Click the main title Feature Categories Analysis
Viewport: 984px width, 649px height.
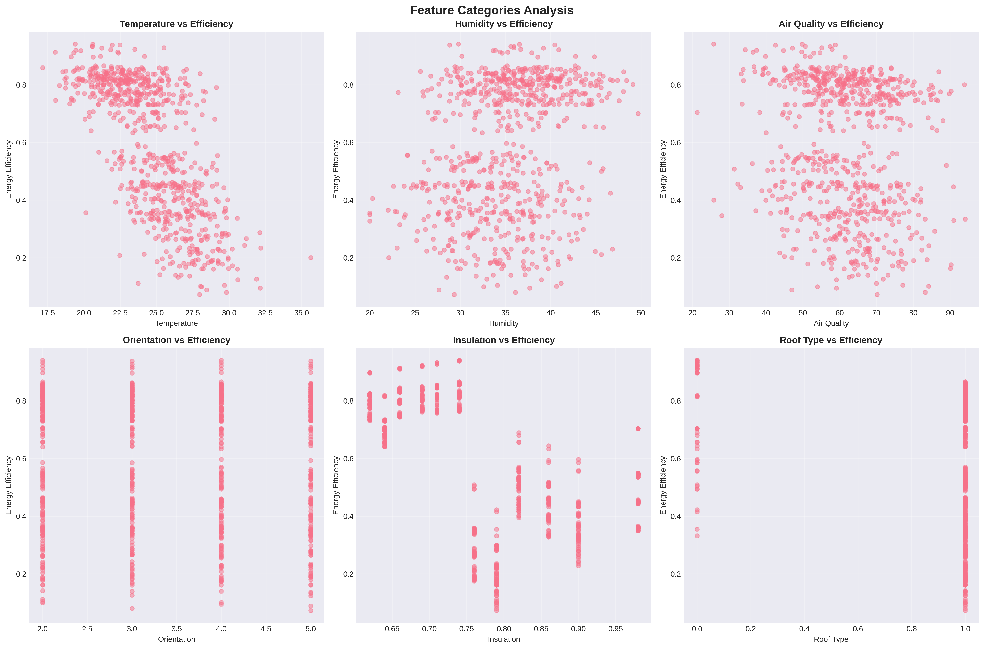coord(492,10)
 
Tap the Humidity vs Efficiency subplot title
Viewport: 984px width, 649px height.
coord(504,24)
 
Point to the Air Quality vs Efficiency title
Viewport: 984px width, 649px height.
coord(831,24)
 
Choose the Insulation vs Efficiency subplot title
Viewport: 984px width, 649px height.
coord(504,340)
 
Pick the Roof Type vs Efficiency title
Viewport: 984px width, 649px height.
coord(831,340)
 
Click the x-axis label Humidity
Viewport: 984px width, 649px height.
coord(504,323)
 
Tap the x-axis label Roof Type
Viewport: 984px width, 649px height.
coord(831,639)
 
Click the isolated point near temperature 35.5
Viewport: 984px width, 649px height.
coord(311,257)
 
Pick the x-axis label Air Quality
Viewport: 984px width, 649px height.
coord(831,323)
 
